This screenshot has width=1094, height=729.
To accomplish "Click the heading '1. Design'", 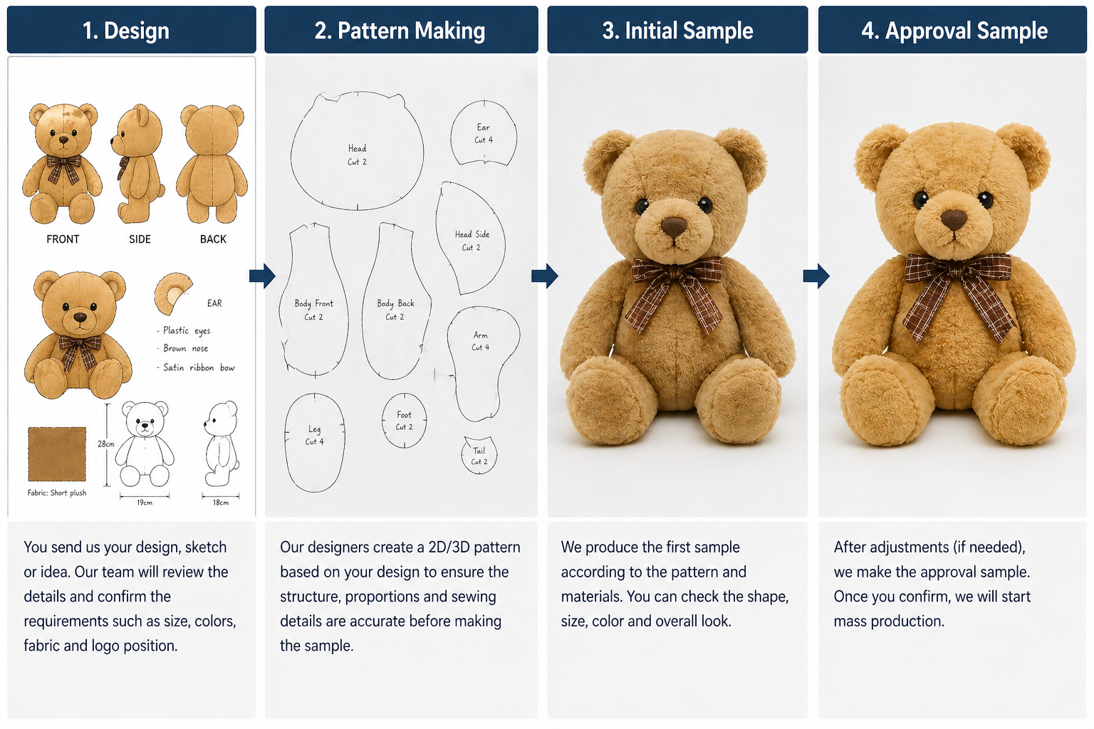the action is pos(126,31).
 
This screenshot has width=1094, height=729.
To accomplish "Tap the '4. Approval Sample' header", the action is pos(954,31).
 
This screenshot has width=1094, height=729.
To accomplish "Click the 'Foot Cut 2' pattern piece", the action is pos(404,421).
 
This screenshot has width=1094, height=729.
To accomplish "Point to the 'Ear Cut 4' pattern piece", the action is pos(484,133).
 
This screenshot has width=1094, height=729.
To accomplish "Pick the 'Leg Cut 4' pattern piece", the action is pos(315,442).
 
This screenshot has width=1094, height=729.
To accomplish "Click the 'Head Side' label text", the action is pos(472,234).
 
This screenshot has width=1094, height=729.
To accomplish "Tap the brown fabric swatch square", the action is pos(57,454).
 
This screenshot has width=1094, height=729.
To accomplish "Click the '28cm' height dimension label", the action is pos(106,444).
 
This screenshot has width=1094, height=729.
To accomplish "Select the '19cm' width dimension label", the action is pos(145,503).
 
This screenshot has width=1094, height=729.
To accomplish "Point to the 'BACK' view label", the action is pos(213,239).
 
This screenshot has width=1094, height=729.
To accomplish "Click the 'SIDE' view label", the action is pos(140,239).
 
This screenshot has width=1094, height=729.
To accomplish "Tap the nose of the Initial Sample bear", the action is pos(674,226).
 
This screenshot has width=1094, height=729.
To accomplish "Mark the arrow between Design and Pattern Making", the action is pos(262,276).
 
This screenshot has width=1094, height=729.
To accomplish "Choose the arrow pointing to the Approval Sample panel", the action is pos(816,276).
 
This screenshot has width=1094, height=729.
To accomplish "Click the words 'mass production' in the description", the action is pos(889,621).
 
